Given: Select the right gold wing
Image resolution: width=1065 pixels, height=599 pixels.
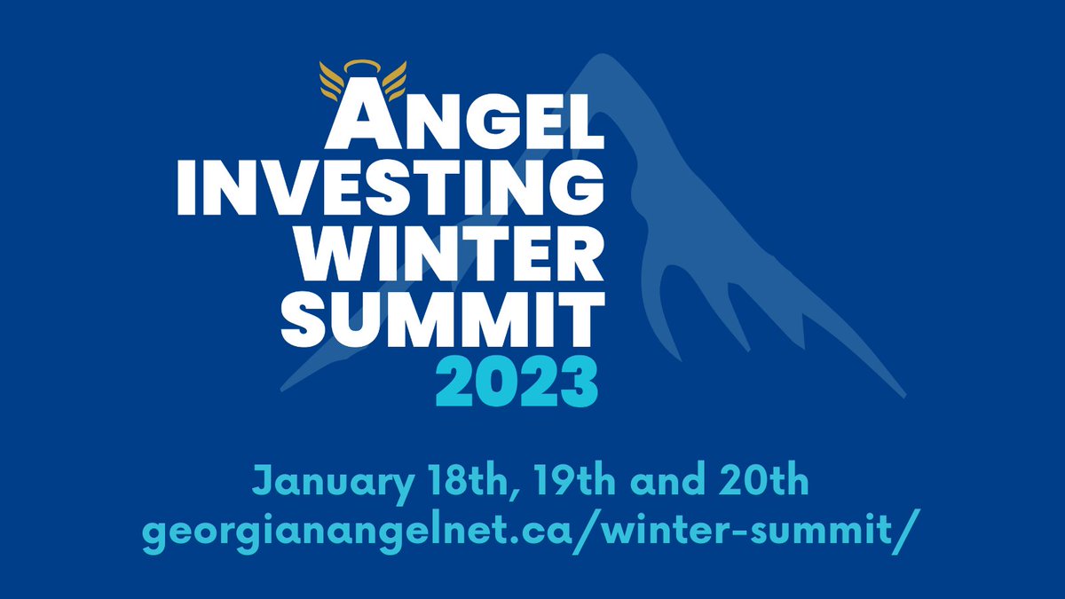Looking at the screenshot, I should tap(390, 79).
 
